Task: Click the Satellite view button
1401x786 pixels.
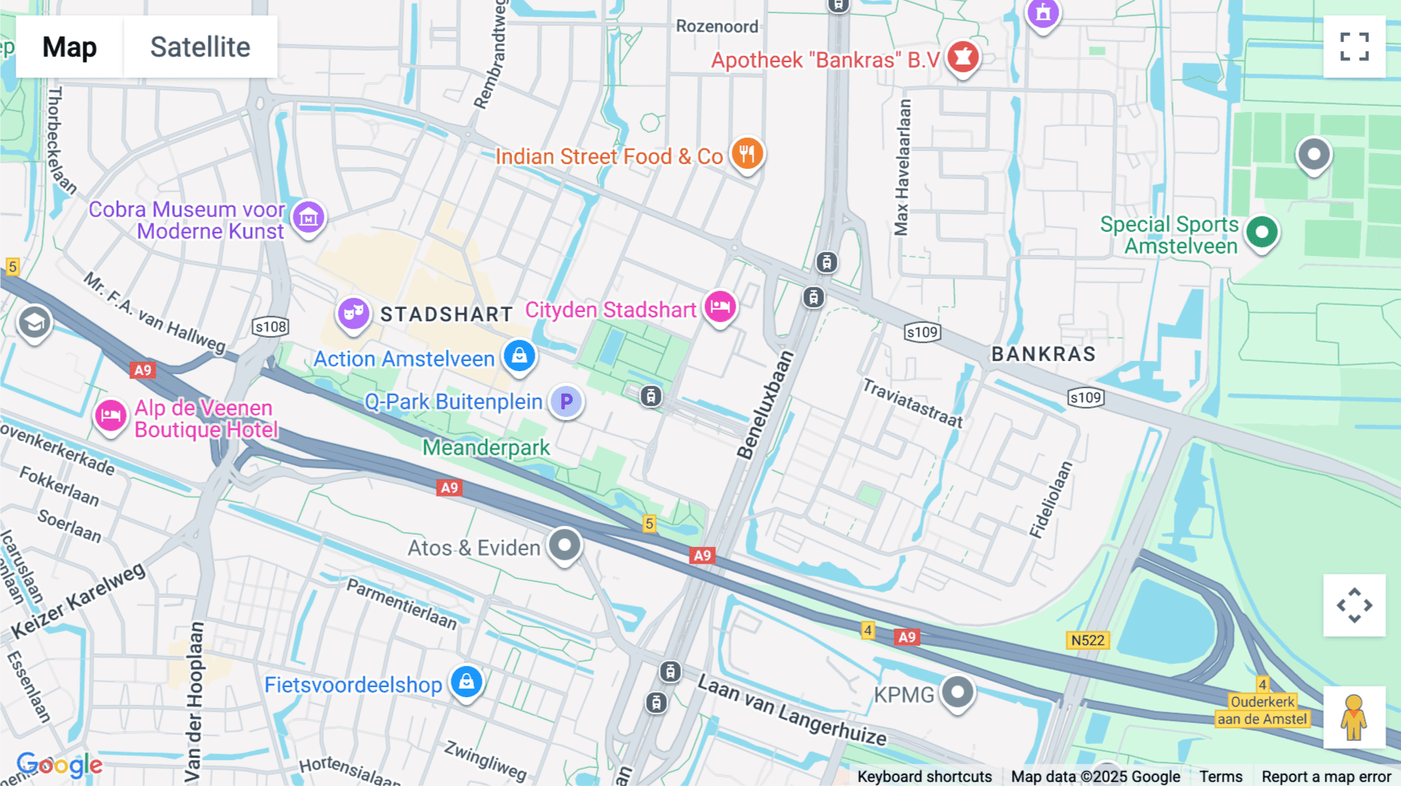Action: [200, 47]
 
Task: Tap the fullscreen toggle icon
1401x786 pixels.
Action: [1354, 47]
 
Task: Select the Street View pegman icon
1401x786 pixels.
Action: [1354, 718]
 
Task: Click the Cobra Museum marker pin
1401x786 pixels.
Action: [308, 217]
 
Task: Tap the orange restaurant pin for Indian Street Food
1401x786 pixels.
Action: [746, 153]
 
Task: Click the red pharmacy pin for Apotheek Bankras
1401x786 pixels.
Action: [963, 58]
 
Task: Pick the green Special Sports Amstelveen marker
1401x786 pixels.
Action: [1262, 232]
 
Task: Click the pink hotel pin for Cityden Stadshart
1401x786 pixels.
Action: [720, 307]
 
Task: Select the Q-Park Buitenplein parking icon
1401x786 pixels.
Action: [567, 402]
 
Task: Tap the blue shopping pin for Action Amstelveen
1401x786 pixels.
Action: [519, 356]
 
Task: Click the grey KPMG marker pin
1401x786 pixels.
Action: [957, 691]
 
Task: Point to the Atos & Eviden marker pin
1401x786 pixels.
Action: [564, 545]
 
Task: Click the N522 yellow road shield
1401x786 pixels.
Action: [1087, 640]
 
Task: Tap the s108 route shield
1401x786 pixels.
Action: [270, 327]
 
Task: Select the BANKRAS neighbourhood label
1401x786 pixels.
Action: [1043, 354]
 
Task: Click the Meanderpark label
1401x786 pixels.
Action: [486, 448]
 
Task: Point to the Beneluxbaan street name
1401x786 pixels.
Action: [765, 405]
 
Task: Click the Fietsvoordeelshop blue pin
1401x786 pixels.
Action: [466, 682]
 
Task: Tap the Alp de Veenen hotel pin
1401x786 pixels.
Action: [111, 416]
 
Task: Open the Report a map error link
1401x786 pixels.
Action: [1326, 777]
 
